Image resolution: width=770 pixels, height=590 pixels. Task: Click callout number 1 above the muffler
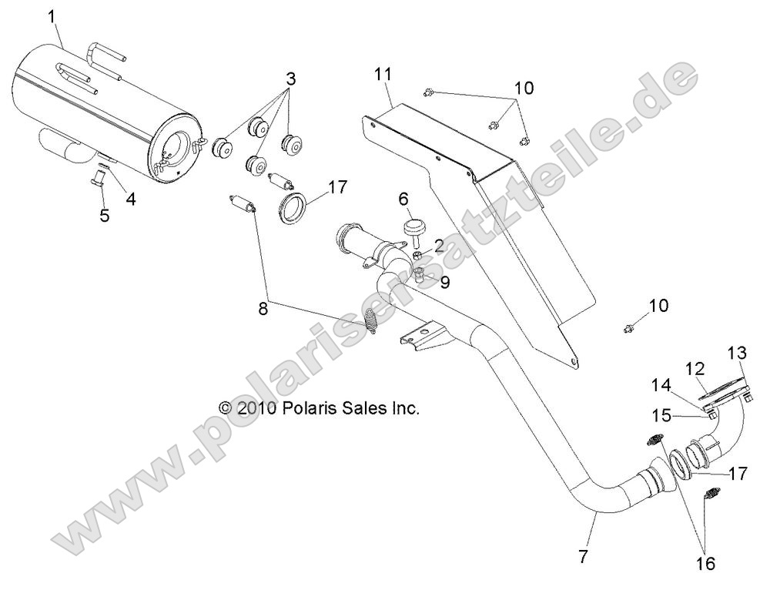tap(52, 15)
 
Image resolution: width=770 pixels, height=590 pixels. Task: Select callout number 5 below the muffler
tap(105, 215)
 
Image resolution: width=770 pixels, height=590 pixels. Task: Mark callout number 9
tap(445, 281)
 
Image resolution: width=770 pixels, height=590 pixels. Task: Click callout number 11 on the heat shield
tap(383, 75)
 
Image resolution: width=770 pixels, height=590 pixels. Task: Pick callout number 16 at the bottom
tap(706, 564)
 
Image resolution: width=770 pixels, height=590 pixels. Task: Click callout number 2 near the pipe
tap(439, 246)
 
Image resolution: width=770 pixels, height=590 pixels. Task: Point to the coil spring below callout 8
tap(372, 321)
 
